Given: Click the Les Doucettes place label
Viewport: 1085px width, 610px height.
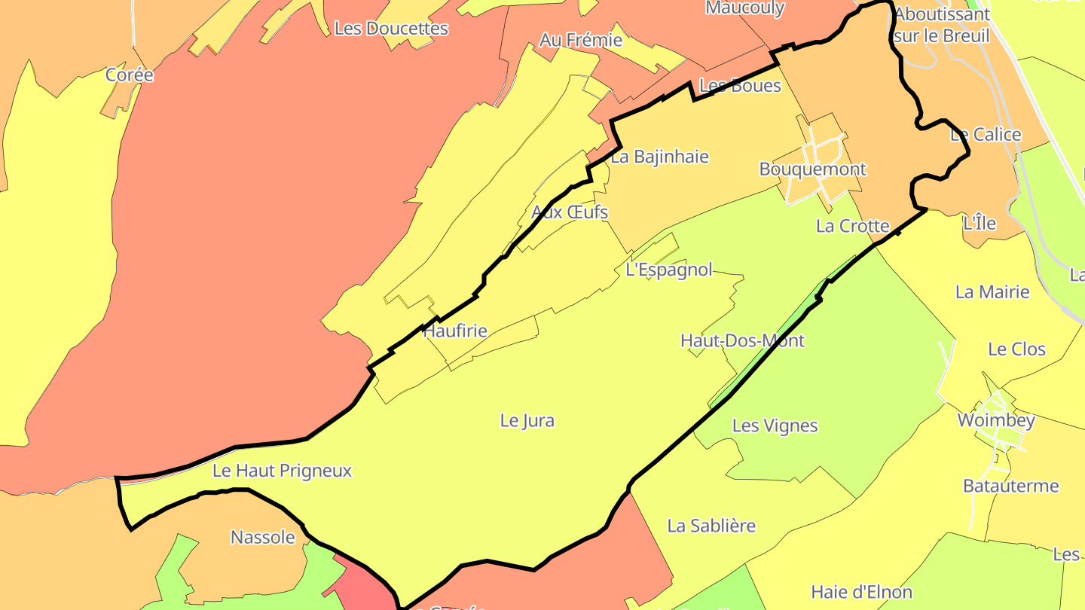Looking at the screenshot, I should [391, 29].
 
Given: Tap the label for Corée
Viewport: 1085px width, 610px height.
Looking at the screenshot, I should [130, 75].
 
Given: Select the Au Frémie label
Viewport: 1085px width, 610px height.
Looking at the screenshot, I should [581, 40].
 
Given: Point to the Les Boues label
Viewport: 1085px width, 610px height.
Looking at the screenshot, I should [740, 86].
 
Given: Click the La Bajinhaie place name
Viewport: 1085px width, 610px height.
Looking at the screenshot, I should [659, 157].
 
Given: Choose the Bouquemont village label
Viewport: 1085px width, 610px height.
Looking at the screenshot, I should [812, 169].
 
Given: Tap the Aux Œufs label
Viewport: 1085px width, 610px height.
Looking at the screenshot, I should [570, 212].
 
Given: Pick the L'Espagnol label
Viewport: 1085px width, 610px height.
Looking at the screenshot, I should [668, 270].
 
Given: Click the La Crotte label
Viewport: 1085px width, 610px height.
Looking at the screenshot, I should [853, 226].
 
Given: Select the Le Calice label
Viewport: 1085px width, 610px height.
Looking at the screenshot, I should [986, 135].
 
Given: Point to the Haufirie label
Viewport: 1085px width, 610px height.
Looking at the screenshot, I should [455, 331].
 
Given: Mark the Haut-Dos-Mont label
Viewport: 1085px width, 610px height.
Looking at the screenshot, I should [742, 340].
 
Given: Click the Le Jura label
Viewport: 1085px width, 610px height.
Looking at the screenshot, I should [527, 420].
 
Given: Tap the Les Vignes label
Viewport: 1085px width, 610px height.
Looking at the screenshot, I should [775, 425].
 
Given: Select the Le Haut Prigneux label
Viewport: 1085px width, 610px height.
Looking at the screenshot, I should [282, 471].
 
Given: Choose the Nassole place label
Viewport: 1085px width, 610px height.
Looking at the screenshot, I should [262, 537].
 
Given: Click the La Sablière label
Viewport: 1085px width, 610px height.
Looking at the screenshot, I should [711, 526].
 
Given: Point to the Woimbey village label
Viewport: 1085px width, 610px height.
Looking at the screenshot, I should [996, 420].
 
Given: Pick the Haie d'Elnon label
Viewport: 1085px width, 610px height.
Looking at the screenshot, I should [861, 592].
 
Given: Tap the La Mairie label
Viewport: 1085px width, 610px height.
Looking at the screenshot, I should [992, 291].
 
